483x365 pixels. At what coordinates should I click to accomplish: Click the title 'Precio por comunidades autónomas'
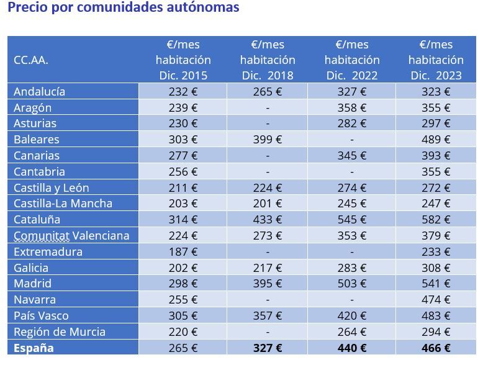[124, 8]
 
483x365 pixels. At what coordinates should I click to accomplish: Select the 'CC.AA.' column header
[31, 60]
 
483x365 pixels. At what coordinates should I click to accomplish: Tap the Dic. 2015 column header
[183, 60]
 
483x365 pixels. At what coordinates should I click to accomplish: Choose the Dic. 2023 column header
[436, 60]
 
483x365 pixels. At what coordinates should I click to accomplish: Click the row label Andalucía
[39, 91]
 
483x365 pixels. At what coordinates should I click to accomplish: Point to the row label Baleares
[37, 140]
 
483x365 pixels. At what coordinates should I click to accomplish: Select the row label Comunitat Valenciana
[71, 235]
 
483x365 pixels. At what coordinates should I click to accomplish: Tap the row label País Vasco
[41, 316]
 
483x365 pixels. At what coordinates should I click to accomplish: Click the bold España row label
[34, 348]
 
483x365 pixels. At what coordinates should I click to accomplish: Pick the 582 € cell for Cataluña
[436, 220]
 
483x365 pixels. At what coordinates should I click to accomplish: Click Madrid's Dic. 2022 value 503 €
[351, 284]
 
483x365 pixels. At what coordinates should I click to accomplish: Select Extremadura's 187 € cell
[183, 251]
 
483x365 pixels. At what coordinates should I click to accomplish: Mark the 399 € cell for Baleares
[267, 140]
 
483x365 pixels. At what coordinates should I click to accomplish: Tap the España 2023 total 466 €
[436, 348]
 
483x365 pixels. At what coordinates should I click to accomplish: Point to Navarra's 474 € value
[436, 300]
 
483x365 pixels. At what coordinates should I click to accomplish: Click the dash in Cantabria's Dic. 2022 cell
[351, 172]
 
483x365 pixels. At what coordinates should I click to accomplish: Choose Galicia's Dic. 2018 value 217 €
[267, 268]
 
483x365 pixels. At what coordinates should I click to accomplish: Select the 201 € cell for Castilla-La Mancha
[267, 204]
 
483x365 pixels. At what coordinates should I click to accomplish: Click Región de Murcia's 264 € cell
[351, 331]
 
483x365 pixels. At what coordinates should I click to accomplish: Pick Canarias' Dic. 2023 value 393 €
[436, 156]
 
